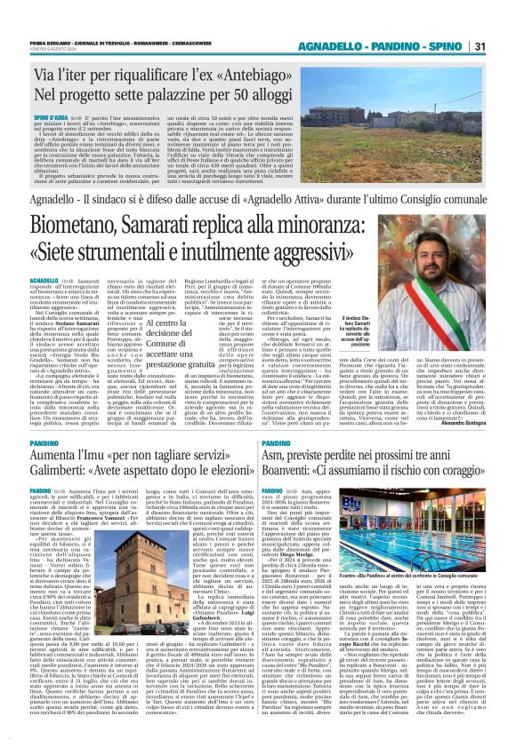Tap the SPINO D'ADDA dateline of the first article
coord(50,116)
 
